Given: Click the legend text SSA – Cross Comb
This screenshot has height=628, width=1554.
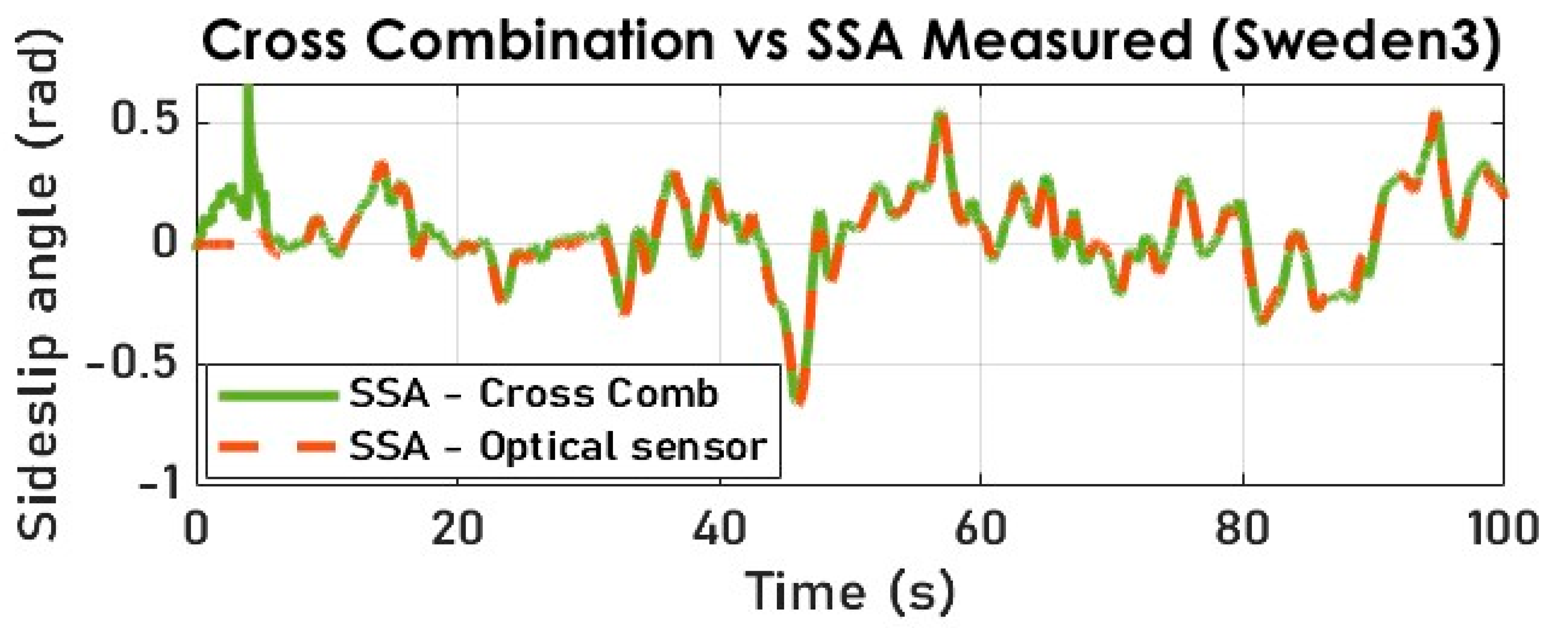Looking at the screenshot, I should point(534,395).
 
